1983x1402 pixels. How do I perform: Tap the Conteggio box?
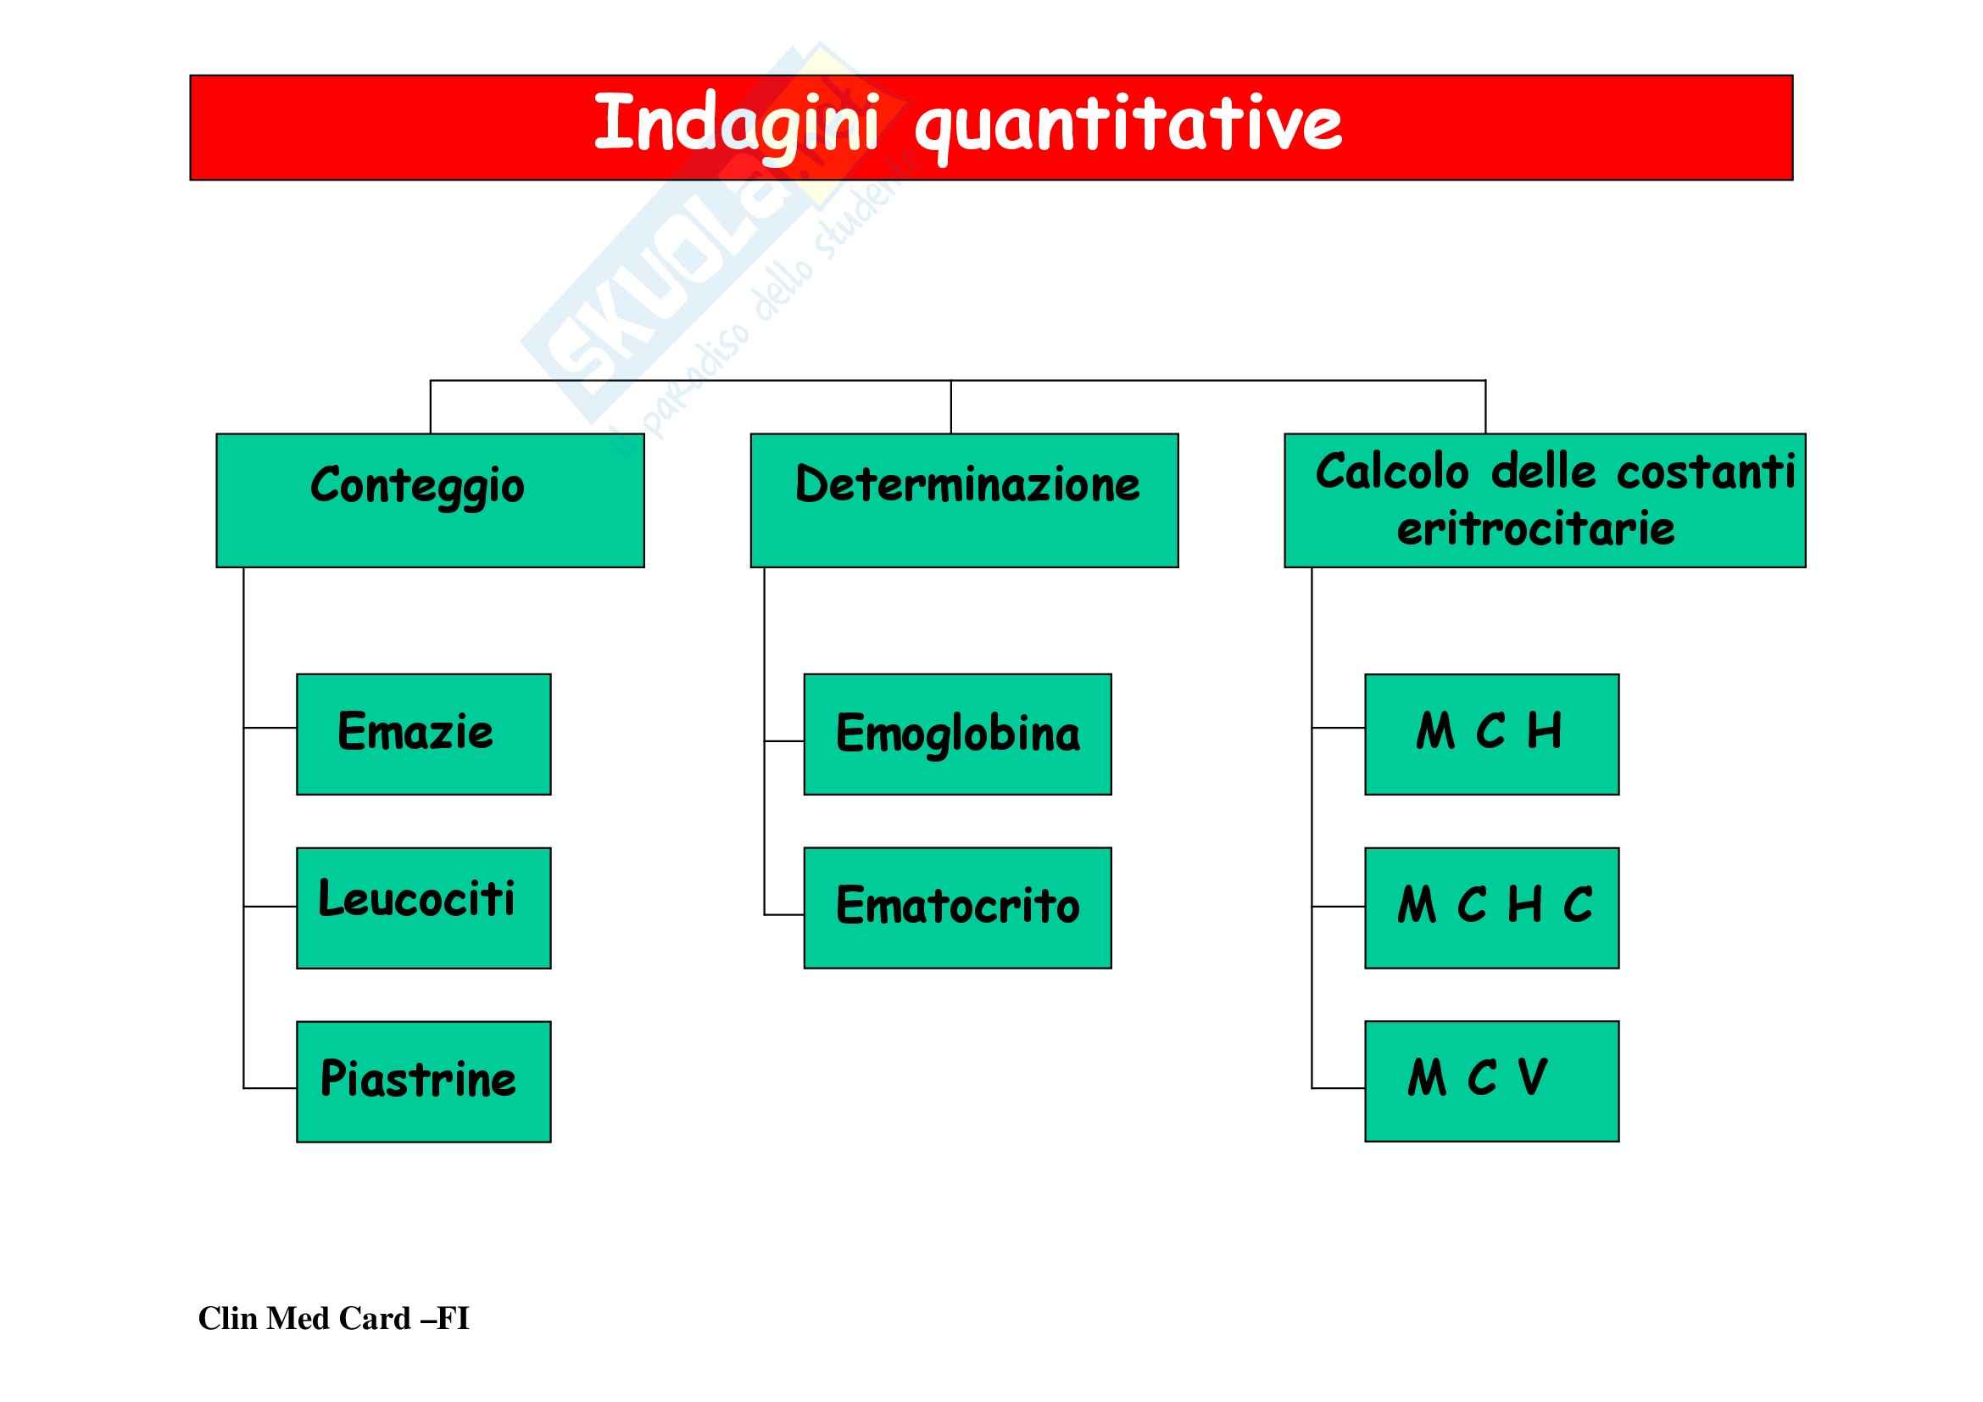[x=430, y=500]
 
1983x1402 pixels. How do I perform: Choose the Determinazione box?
[x=964, y=500]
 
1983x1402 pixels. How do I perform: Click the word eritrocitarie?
[x=1535, y=528]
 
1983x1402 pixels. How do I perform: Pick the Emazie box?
[x=423, y=735]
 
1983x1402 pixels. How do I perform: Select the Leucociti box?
[x=423, y=908]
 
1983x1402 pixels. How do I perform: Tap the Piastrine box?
[x=423, y=1081]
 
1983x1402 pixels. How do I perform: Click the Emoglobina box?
[x=957, y=735]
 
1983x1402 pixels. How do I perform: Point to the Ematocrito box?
[x=957, y=908]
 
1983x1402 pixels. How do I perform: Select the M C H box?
[x=1491, y=735]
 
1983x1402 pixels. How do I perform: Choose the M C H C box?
[x=1491, y=908]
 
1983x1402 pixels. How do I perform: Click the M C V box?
[x=1491, y=1081]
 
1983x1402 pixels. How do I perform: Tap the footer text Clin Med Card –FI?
[x=333, y=1318]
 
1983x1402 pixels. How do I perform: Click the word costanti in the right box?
[x=1706, y=472]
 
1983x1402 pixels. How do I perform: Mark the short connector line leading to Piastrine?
[x=270, y=1087]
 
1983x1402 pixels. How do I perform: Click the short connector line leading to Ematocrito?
[x=784, y=914]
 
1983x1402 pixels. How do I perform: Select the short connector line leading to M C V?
[x=1339, y=1087]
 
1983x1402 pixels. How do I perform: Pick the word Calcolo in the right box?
[x=1391, y=472]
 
